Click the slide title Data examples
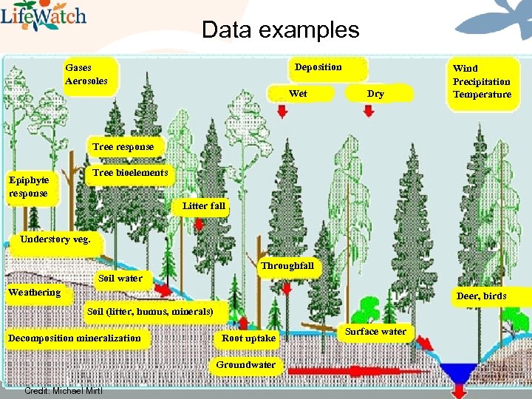[x=280, y=30]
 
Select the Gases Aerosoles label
[x=86, y=74]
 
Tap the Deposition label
[x=318, y=67]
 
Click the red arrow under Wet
[x=282, y=111]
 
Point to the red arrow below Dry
[x=369, y=111]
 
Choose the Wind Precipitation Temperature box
[x=482, y=81]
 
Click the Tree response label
[x=123, y=146]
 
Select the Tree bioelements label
[x=130, y=173]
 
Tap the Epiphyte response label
[x=29, y=187]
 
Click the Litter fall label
[x=203, y=206]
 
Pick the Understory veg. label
[x=55, y=239]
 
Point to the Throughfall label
[x=287, y=266]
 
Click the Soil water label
[x=120, y=279]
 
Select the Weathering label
[x=35, y=293]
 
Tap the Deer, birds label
[x=482, y=296]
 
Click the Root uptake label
[x=248, y=338]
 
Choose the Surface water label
[x=375, y=332]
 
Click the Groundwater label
[x=245, y=365]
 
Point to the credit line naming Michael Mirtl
[x=64, y=390]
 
